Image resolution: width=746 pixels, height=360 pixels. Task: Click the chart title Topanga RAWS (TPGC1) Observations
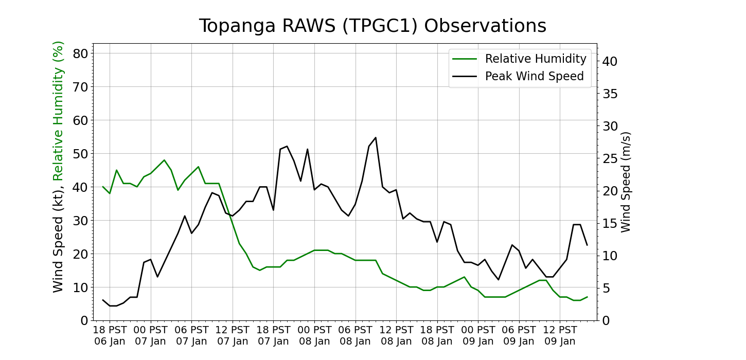[372, 26]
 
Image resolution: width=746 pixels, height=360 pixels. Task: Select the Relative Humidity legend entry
[535, 59]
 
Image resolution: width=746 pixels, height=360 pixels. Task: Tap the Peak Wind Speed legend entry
[534, 77]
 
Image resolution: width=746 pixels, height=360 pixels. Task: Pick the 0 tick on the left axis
[83, 320]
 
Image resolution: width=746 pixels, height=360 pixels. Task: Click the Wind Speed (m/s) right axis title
[626, 182]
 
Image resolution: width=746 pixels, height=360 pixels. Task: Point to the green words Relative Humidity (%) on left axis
[59, 111]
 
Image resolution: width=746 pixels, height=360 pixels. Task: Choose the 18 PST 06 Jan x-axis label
[110, 335]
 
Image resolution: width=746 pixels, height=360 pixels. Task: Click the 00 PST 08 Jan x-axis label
[314, 335]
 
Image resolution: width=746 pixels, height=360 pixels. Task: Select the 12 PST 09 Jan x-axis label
[560, 335]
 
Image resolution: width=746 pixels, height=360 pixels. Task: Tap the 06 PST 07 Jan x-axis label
[191, 335]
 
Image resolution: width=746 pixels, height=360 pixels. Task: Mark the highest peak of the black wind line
[376, 137]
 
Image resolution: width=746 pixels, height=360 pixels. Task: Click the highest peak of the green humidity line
[164, 160]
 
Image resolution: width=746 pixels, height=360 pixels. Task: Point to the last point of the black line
[587, 245]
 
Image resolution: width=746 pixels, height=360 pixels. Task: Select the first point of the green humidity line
[103, 187]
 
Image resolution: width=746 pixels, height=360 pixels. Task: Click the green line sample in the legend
[465, 59]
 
